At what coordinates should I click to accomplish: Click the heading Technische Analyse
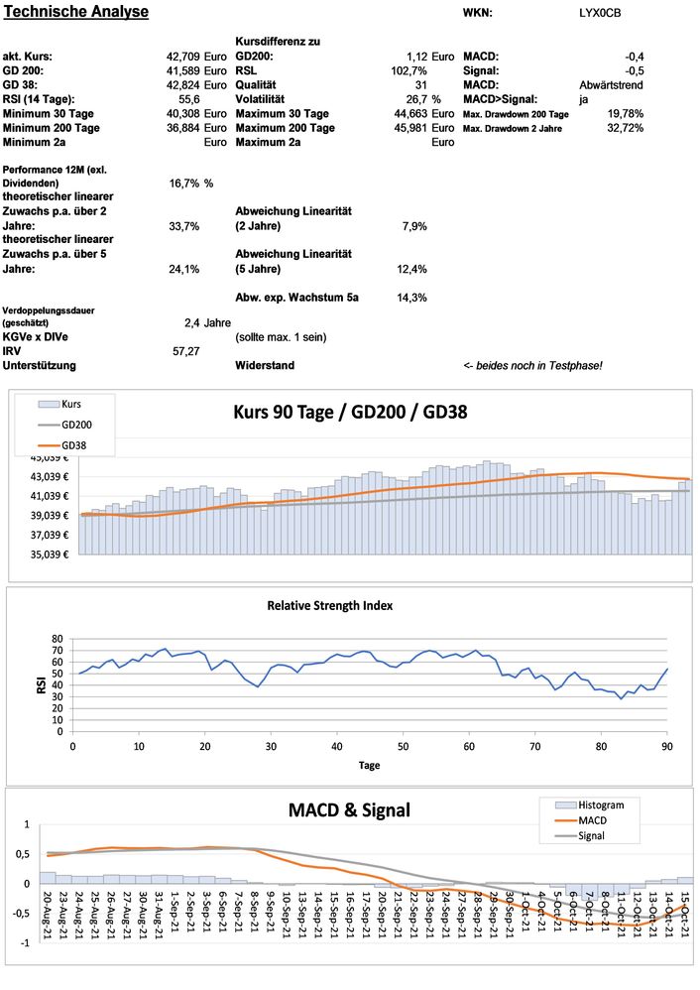[x=76, y=12]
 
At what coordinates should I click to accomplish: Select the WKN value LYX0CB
[x=601, y=13]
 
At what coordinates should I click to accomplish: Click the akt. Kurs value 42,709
[x=183, y=57]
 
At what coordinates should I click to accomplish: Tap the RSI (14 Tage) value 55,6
[x=189, y=100]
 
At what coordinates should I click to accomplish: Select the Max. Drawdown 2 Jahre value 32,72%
[x=625, y=129]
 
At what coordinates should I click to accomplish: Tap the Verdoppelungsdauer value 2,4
[x=192, y=322]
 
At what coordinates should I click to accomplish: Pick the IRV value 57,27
[x=186, y=351]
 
